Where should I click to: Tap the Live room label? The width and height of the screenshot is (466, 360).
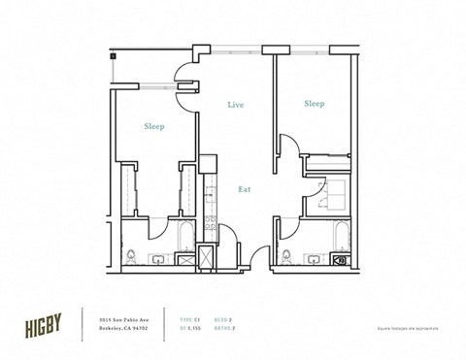coord(235,104)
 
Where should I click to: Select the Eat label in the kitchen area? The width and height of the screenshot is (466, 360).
coord(245,189)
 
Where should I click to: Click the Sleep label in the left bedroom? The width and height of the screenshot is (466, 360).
coord(153,126)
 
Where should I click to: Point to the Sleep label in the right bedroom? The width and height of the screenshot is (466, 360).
coord(313,103)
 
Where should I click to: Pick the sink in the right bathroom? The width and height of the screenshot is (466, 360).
coord(312,259)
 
